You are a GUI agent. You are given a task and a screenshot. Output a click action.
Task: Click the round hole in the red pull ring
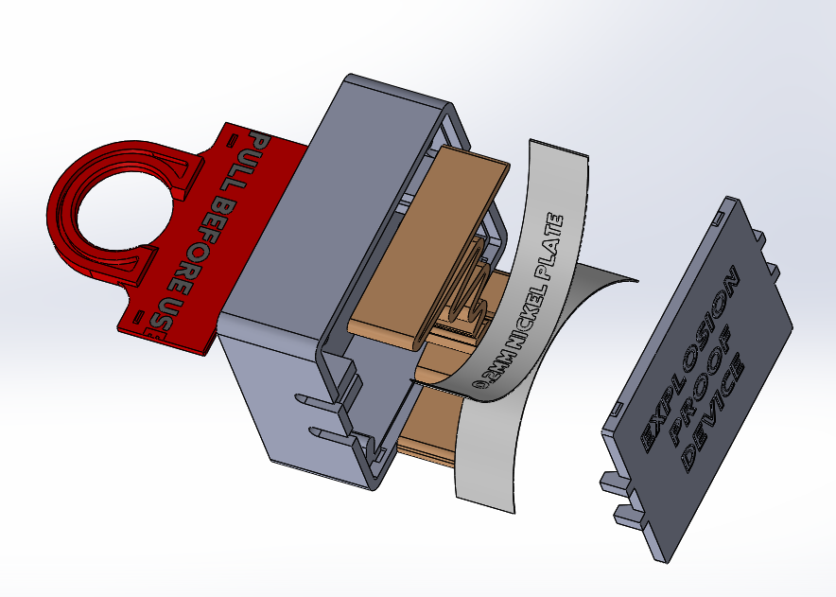[x=117, y=210]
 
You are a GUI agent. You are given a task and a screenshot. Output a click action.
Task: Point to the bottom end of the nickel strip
[x=487, y=497]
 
